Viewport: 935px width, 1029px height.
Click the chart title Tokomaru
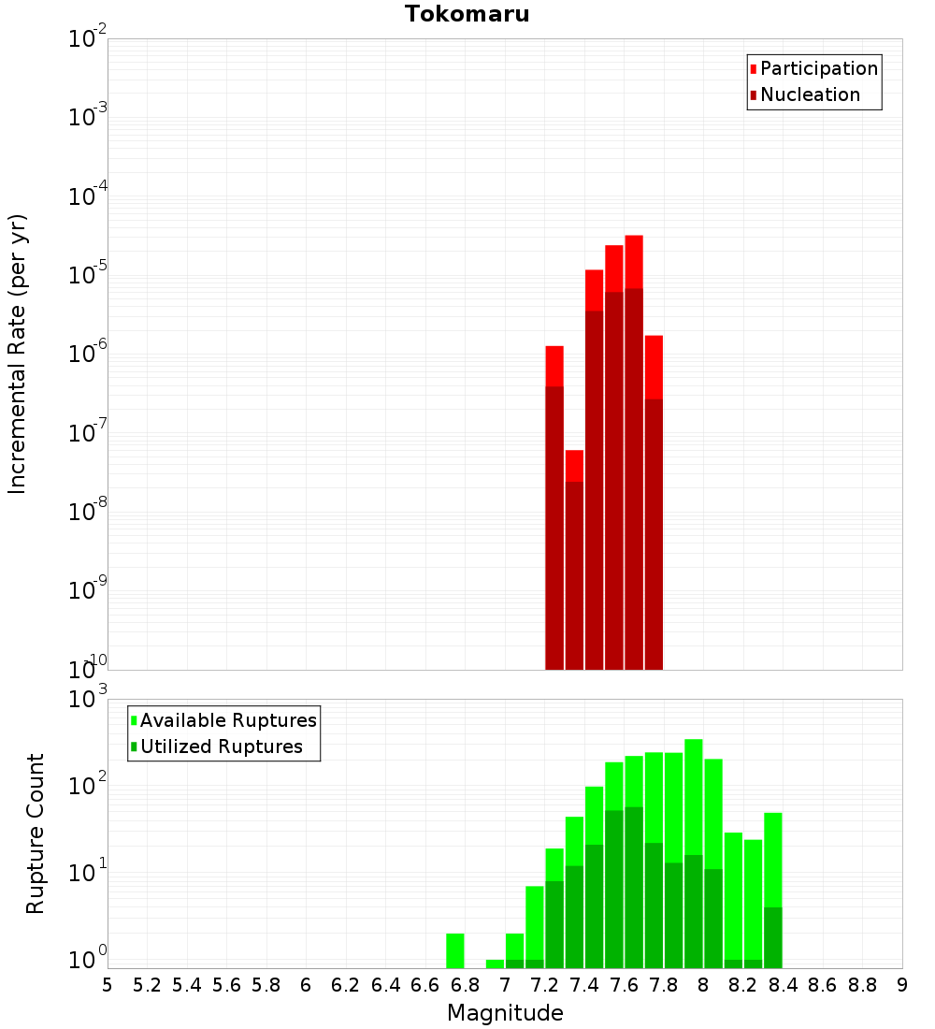click(x=467, y=14)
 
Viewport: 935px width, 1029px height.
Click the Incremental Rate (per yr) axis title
click(x=18, y=354)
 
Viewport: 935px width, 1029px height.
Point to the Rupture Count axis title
click(x=36, y=833)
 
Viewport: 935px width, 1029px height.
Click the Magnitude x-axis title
click(x=505, y=1013)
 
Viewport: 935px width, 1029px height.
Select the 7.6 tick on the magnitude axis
click(x=624, y=985)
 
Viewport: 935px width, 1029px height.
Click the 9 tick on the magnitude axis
click(x=901, y=985)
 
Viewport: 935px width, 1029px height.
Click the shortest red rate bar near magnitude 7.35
click(x=574, y=561)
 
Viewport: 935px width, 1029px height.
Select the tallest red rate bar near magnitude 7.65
click(x=634, y=449)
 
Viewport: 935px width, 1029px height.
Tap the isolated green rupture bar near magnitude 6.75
click(x=455, y=950)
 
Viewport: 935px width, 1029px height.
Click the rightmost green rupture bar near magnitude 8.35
click(x=773, y=889)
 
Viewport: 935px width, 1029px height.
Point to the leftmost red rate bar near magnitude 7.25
click(x=554, y=505)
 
